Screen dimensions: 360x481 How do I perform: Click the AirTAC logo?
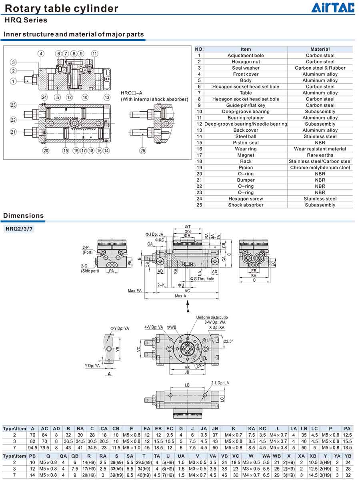[333, 8]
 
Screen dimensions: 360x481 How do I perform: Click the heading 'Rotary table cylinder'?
[62, 8]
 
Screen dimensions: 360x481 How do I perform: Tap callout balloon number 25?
[142, 150]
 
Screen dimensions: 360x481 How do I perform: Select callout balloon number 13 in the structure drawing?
[107, 97]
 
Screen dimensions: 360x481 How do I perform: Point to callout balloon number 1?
[13, 81]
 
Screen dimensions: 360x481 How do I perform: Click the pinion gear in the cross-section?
[75, 123]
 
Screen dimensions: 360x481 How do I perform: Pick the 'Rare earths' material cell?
[320, 155]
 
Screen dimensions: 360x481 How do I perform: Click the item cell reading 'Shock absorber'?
[246, 205]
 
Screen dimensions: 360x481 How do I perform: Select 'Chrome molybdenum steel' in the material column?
[320, 168]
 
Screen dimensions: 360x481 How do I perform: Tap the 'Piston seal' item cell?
[246, 142]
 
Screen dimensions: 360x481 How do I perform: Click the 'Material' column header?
[320, 49]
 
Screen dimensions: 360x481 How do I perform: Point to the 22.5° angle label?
[228, 341]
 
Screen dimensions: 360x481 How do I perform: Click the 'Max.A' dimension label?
[180, 296]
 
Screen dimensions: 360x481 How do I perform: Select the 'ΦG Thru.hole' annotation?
[202, 279]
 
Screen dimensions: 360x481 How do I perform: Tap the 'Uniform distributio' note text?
[212, 317]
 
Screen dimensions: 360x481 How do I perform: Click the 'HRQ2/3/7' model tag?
[19, 229]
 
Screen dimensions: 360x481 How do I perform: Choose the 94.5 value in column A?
[32, 447]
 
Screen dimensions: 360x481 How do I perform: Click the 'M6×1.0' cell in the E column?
[131, 447]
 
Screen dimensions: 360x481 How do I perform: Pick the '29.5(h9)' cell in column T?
[144, 462]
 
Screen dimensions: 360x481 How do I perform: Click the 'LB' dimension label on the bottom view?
[187, 385]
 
